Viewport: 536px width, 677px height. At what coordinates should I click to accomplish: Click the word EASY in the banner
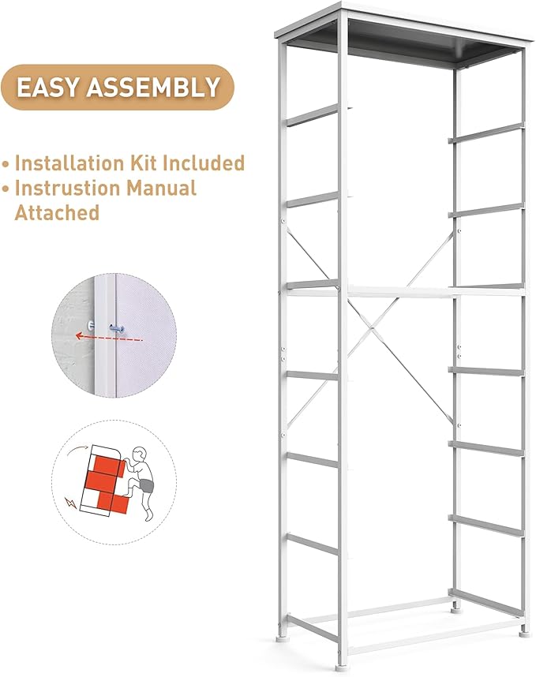tap(50, 87)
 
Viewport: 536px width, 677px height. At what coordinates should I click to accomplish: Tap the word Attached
tap(57, 212)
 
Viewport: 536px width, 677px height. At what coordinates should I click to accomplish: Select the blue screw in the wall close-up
tap(118, 326)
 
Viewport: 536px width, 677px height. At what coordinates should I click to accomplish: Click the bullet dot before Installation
tap(6, 164)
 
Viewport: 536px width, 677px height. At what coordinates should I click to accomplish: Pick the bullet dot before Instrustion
tap(6, 189)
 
